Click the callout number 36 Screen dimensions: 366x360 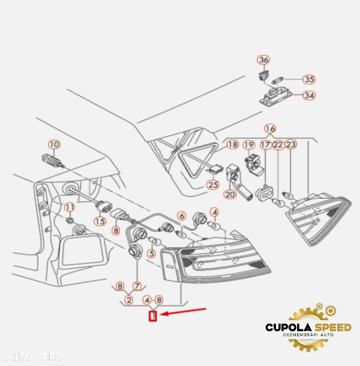point(263,60)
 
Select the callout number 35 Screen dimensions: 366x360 point(309,79)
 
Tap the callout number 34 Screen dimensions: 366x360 point(309,96)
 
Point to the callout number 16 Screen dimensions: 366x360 point(270,128)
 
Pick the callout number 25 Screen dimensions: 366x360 point(213,185)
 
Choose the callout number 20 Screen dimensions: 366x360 point(230,194)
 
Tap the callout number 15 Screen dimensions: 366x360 point(100,221)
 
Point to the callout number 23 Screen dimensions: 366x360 point(291,145)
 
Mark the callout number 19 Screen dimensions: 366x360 point(249,145)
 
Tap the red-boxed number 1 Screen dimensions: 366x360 point(153,315)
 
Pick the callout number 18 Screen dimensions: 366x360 point(232,145)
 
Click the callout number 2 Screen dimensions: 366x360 point(129,299)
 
